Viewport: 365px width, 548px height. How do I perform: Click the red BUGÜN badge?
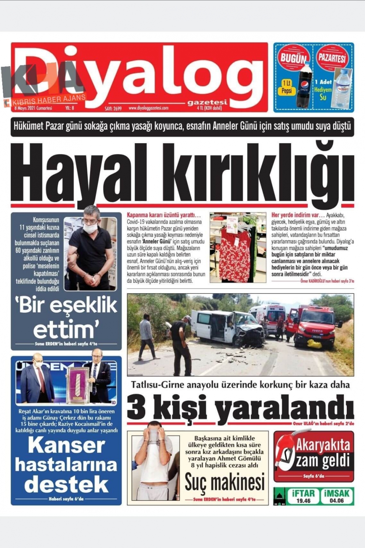293,58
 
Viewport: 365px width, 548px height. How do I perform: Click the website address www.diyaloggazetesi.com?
148,108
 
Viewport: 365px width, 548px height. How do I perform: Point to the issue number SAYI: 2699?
113,109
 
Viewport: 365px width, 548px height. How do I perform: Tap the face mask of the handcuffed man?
90,228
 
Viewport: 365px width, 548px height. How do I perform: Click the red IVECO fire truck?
314,325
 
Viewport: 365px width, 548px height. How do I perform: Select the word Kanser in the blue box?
66,445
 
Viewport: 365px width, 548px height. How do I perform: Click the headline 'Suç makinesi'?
224,482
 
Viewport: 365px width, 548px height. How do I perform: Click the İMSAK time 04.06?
337,501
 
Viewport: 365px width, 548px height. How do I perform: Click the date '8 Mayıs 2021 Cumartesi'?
33,108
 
